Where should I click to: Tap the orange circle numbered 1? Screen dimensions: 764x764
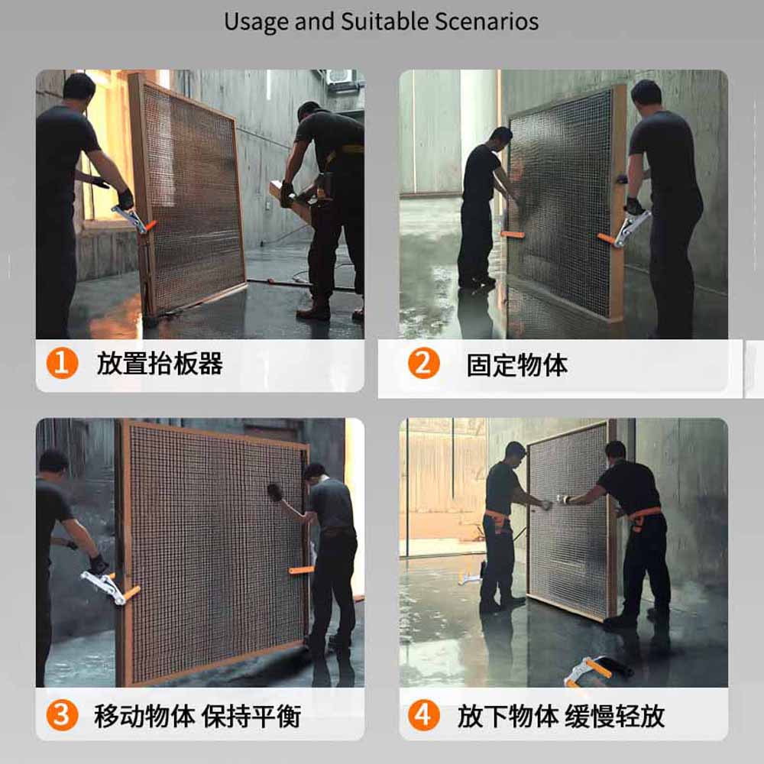62,363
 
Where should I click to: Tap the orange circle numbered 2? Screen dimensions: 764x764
423,363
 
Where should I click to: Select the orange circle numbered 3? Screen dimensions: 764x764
62,715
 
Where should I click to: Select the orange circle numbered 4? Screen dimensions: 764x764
423,715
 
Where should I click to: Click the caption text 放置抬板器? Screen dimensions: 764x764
160,364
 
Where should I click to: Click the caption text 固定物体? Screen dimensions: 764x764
517,365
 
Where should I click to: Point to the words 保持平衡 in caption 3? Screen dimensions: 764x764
251,716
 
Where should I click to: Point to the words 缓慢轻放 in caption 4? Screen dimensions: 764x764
615,716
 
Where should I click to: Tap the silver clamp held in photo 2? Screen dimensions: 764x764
632,228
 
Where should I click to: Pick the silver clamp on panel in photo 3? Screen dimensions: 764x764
103,587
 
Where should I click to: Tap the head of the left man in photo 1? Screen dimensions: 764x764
79,88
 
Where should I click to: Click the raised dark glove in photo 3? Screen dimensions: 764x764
275,493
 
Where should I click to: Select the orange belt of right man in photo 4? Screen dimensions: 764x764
644,516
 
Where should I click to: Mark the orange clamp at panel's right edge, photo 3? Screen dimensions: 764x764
301,570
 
